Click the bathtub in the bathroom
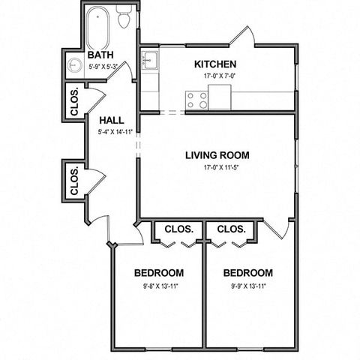click(98, 28)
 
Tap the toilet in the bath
click(124, 16)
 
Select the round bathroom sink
click(75, 64)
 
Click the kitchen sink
click(150, 60)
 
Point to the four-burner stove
click(196, 100)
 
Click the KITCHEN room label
click(215, 64)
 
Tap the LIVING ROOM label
click(217, 155)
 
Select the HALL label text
click(112, 121)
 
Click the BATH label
click(100, 55)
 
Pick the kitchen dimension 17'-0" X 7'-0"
click(220, 76)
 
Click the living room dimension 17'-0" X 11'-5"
click(222, 168)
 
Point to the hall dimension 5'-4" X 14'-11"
click(115, 132)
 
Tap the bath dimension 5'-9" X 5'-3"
click(103, 67)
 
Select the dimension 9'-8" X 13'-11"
click(160, 286)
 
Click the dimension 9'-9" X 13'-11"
click(248, 286)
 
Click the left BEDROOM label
click(159, 273)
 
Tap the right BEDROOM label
click(248, 273)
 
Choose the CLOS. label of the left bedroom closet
click(179, 229)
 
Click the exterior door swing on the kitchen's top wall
click(242, 36)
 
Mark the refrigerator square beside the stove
click(220, 97)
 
